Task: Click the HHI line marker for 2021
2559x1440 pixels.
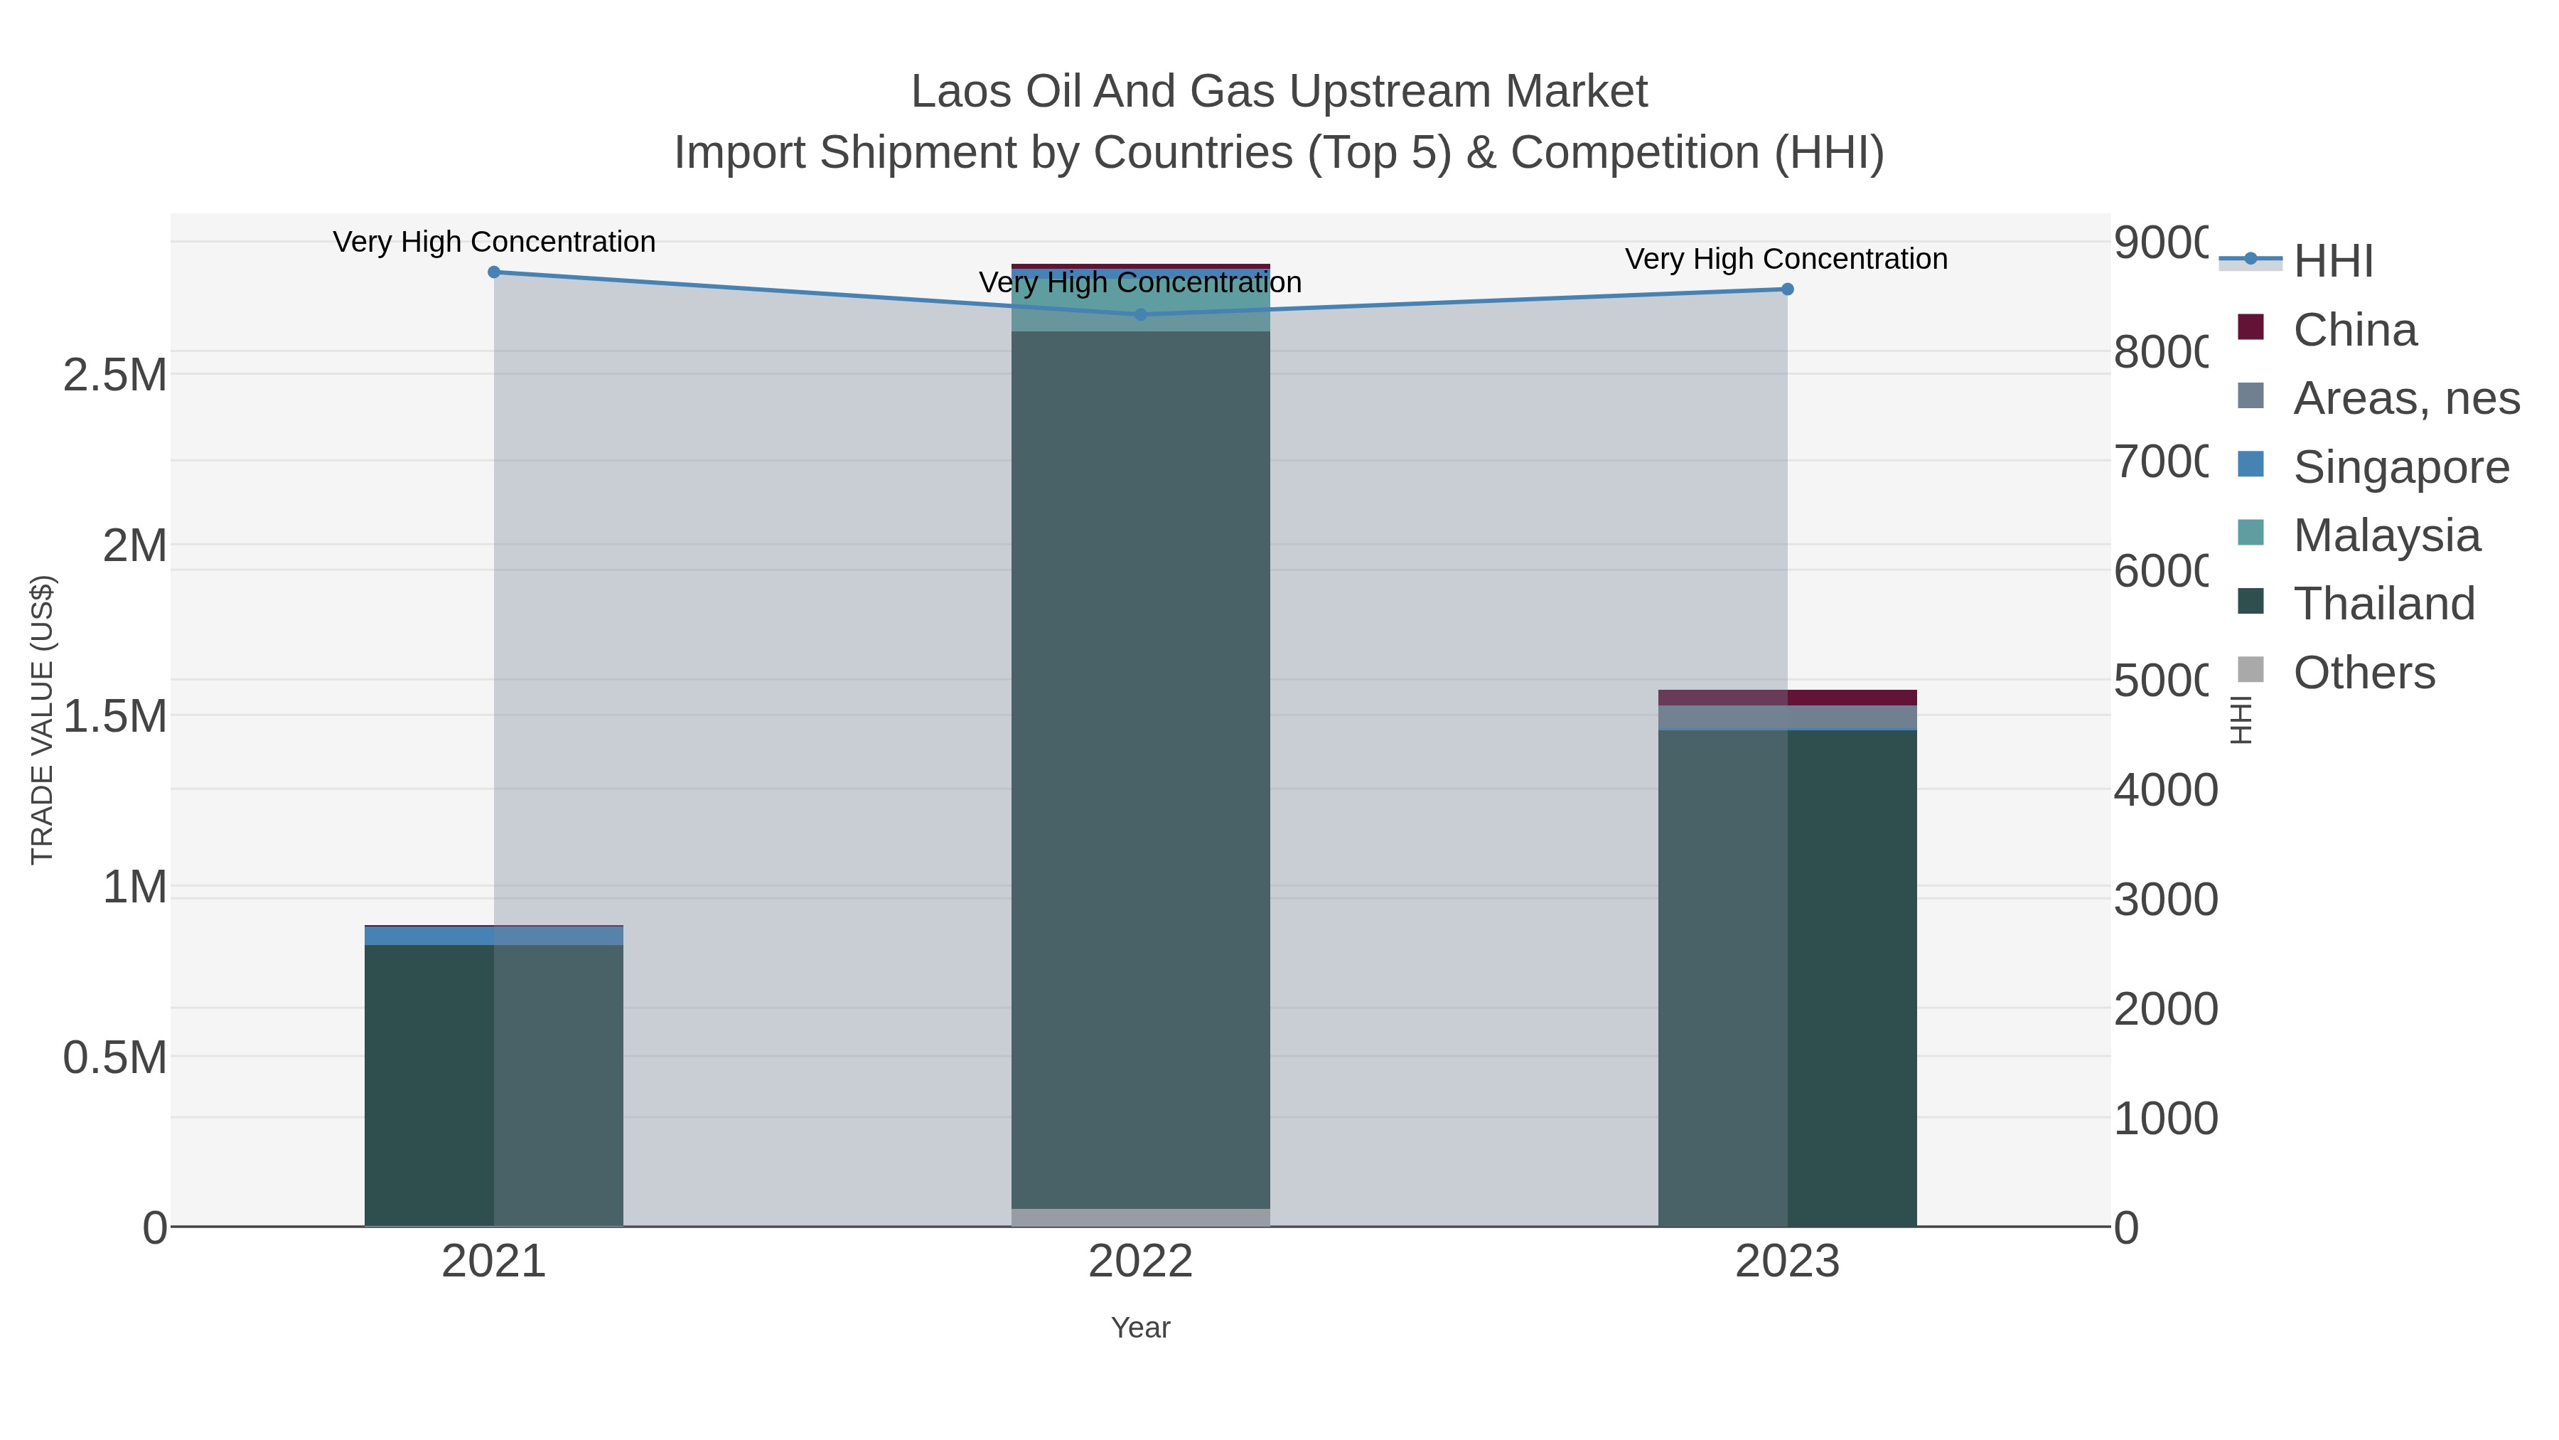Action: tap(494, 272)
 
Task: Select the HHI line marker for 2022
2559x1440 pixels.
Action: tap(1140, 315)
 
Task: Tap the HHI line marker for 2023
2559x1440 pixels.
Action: tap(1787, 289)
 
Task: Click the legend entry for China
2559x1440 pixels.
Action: tap(2354, 330)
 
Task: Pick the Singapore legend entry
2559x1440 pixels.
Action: tap(2400, 467)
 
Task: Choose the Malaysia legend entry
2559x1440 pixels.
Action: tap(2386, 535)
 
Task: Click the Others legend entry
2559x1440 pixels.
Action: tap(2364, 673)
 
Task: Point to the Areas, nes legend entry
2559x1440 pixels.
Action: tap(2405, 398)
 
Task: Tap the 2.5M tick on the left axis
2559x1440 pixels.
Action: tap(114, 375)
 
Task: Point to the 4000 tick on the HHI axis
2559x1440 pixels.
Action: tap(2164, 791)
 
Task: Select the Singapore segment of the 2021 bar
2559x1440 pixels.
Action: tap(494, 936)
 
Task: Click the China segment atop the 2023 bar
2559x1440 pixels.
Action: tap(1787, 698)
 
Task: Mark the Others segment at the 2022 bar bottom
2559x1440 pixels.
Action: tap(1140, 1217)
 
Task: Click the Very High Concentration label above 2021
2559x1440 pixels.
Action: tap(494, 242)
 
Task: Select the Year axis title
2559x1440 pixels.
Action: tap(1140, 1328)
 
